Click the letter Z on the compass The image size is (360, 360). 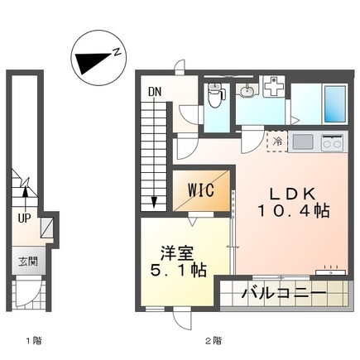click(x=117, y=52)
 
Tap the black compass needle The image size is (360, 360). click(x=91, y=61)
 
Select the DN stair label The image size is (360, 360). click(x=155, y=92)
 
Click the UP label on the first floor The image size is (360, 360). click(x=24, y=218)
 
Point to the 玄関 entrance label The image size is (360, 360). click(x=28, y=262)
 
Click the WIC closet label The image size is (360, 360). click(x=201, y=190)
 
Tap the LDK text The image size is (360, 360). click(x=292, y=194)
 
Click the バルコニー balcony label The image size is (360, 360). click(x=284, y=293)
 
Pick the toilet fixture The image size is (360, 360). click(x=215, y=95)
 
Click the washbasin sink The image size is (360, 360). click(x=247, y=91)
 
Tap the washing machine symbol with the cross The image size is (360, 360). click(x=274, y=86)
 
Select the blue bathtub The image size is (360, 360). click(x=335, y=104)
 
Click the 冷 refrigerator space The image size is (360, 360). click(x=277, y=142)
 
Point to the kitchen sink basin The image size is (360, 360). click(x=302, y=142)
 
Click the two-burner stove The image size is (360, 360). click(x=332, y=142)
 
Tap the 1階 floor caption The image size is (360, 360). click(x=34, y=341)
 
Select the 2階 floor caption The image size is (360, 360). click(x=214, y=341)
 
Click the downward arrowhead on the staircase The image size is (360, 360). click(x=154, y=202)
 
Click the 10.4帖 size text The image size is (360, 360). click(x=294, y=211)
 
